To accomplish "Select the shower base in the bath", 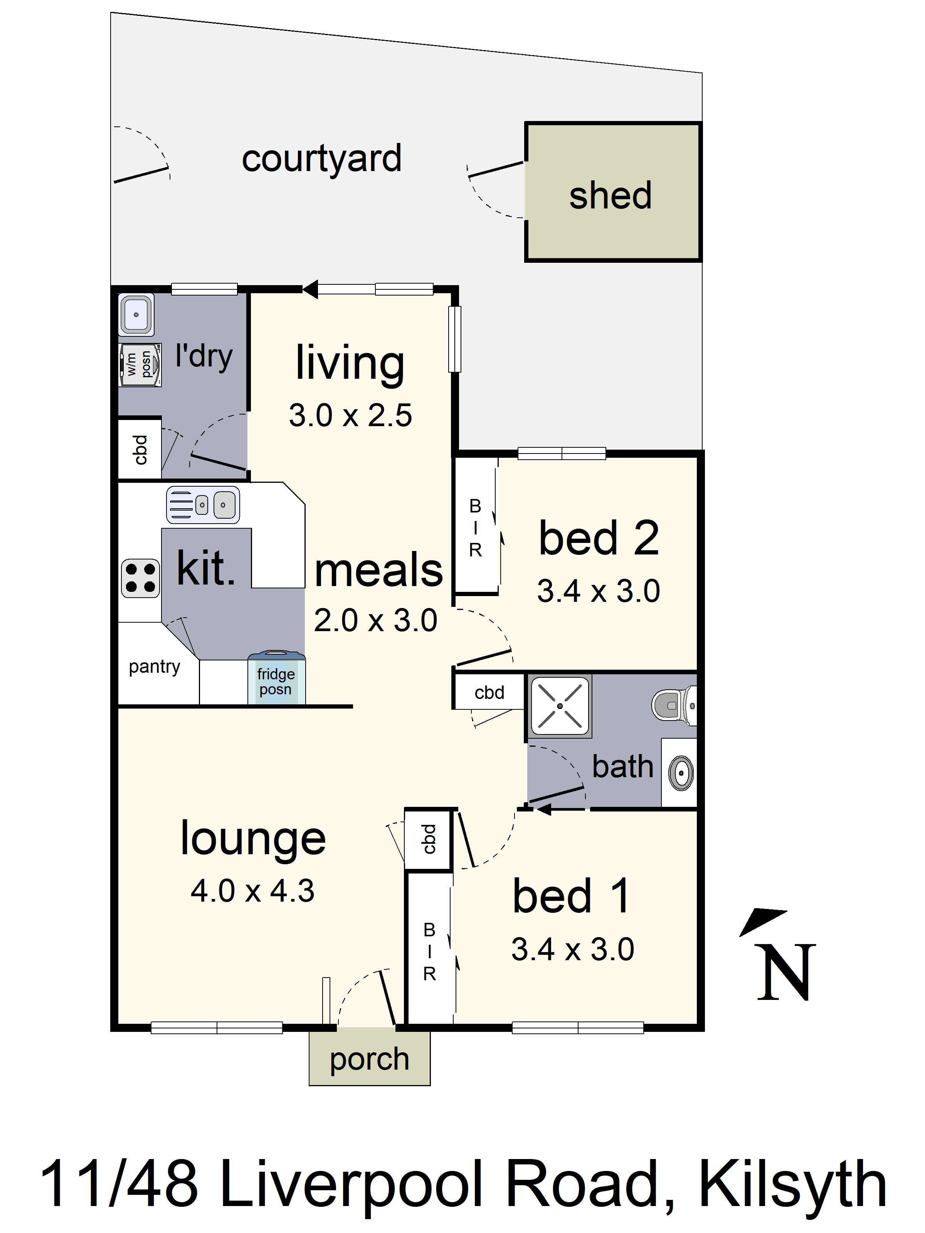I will point(559,706).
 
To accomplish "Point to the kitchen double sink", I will point(203,505).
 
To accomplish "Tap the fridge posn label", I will point(276,682).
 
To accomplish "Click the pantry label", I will point(155,667).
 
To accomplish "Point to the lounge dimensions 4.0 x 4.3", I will point(252,891).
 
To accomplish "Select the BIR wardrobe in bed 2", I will point(475,528).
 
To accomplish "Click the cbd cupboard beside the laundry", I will point(140,450).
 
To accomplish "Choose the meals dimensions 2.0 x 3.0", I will point(375,620).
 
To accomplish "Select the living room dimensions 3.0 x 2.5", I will point(350,415).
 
